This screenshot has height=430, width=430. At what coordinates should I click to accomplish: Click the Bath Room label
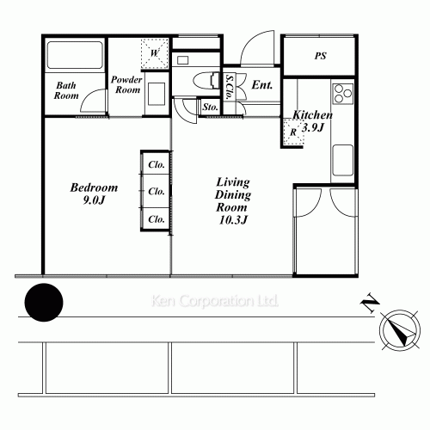click(x=67, y=90)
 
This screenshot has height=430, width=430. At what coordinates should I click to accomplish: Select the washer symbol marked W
click(x=156, y=52)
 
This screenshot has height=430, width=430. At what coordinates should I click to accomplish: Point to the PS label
click(x=319, y=57)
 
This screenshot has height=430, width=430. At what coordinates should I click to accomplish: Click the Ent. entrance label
click(x=261, y=86)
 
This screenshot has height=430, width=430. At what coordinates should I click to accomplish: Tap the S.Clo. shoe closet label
click(x=230, y=86)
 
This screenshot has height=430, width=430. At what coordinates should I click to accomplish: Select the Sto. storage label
click(x=210, y=107)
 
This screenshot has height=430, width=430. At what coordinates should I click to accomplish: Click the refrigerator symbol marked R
click(x=294, y=132)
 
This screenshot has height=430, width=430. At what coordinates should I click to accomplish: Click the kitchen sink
click(x=341, y=158)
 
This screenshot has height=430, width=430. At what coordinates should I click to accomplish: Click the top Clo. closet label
click(x=156, y=164)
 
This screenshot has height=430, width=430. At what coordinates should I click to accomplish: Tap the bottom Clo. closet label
click(x=156, y=219)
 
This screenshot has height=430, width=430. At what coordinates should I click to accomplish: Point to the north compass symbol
click(x=396, y=329)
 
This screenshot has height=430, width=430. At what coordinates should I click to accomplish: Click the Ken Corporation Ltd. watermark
click(x=215, y=303)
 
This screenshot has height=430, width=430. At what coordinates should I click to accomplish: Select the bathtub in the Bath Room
click(x=73, y=57)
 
